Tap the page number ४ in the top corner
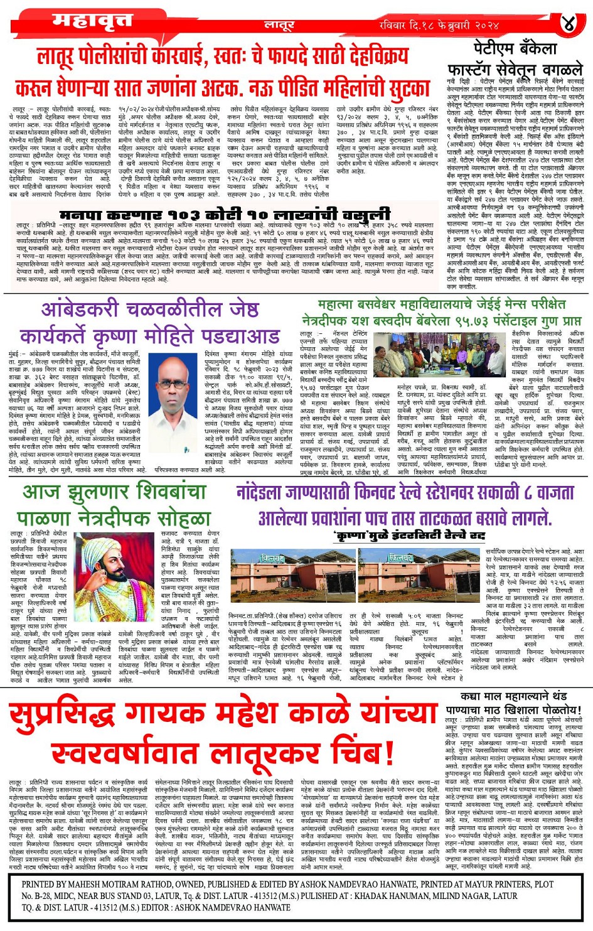[x=569, y=24]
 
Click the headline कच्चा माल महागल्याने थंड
[x=513, y=697]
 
